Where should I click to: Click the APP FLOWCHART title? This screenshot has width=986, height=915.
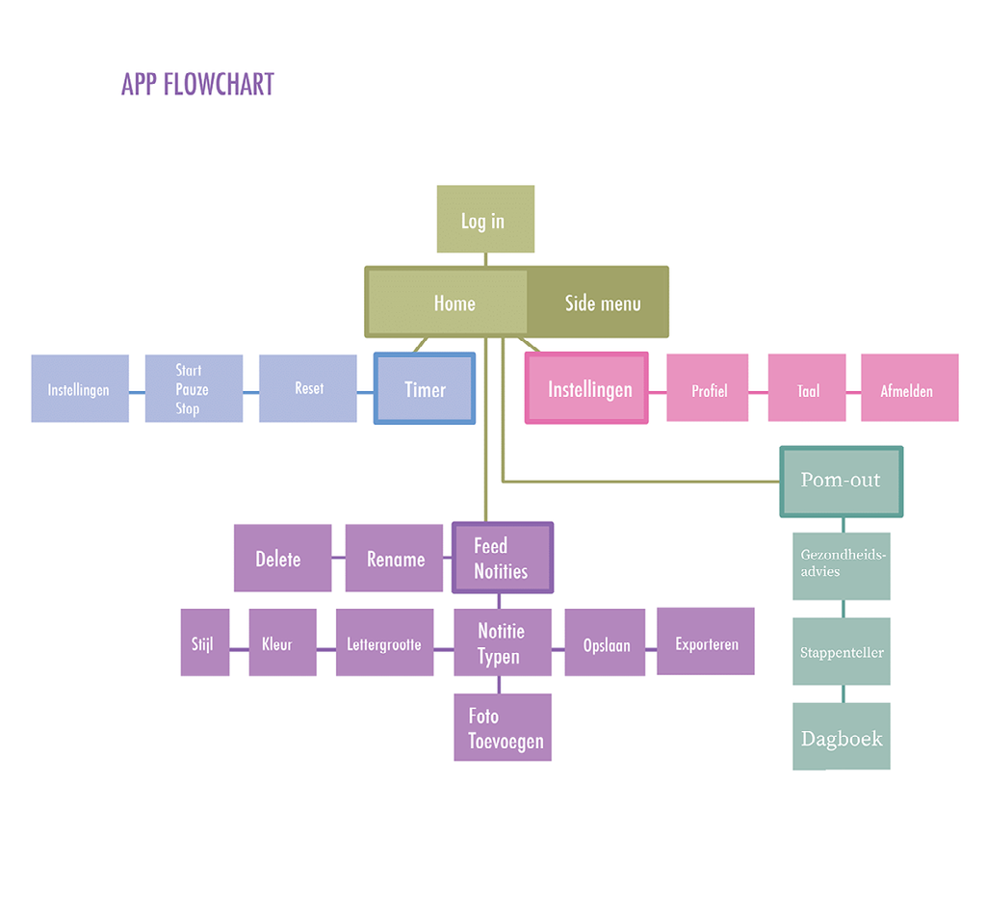pos(197,85)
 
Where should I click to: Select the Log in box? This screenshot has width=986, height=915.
pos(484,220)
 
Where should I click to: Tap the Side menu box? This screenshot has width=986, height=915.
pos(601,303)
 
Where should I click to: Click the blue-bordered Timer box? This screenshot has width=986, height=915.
pos(425,389)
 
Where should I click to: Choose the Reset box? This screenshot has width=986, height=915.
pos(308,388)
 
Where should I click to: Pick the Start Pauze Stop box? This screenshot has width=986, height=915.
pos(193,388)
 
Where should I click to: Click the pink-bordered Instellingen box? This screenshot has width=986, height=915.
pos(587,388)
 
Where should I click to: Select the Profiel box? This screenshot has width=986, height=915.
pos(708,388)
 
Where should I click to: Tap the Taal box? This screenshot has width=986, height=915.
pos(807,388)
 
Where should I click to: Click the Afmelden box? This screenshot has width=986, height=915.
pos(909,388)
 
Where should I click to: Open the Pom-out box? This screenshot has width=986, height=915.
pos(841,482)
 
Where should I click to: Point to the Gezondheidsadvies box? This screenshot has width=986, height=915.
pos(841,565)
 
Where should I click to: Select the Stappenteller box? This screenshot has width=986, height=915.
pos(841,652)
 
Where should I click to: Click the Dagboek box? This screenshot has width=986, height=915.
pos(841,737)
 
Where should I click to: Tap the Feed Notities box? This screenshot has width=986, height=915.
pos(503,559)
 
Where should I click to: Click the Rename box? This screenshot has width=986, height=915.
pos(395,559)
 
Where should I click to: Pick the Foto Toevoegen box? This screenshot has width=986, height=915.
pos(503,728)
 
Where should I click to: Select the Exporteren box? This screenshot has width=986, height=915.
pos(706,642)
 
